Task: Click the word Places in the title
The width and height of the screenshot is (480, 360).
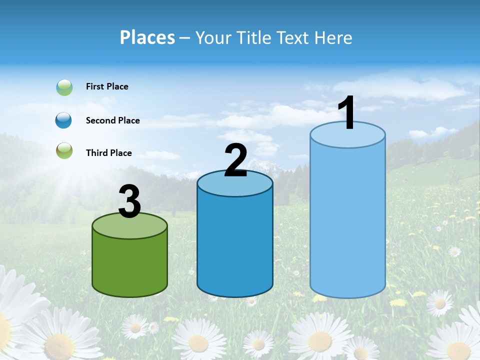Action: (147, 37)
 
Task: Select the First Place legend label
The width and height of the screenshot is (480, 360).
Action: (107, 86)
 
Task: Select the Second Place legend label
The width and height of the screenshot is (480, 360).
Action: (112, 120)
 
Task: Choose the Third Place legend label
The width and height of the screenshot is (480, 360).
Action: (108, 153)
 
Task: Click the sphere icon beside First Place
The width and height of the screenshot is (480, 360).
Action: (64, 87)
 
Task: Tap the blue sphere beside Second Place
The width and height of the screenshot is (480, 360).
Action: (64, 120)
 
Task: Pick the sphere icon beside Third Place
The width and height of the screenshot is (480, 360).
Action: (64, 150)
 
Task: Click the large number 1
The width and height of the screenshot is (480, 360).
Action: (347, 113)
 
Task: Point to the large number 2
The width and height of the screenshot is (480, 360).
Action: (235, 160)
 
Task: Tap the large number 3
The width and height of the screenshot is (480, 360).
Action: (129, 201)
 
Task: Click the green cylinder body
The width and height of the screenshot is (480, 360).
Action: (129, 265)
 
